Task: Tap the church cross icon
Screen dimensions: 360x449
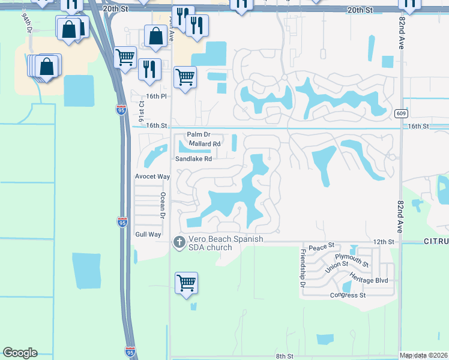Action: coord(178,242)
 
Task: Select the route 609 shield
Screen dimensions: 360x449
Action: coord(402,113)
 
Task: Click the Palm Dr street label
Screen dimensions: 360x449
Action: coord(199,135)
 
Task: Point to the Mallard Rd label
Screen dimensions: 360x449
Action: coord(205,144)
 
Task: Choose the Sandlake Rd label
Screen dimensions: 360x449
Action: coord(193,159)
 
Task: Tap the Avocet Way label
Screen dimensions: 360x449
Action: coord(152,177)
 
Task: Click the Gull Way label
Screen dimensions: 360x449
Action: coord(148,235)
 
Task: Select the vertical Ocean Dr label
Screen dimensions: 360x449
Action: coord(162,204)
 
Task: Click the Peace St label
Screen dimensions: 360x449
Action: coord(322,247)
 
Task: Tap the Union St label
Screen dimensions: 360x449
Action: coord(337,268)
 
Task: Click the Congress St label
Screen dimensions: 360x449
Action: coord(348,295)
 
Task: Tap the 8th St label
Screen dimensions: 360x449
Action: coord(285,356)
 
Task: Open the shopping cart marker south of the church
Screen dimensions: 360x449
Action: coord(186,283)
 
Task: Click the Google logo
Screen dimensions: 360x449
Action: coord(20,353)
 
